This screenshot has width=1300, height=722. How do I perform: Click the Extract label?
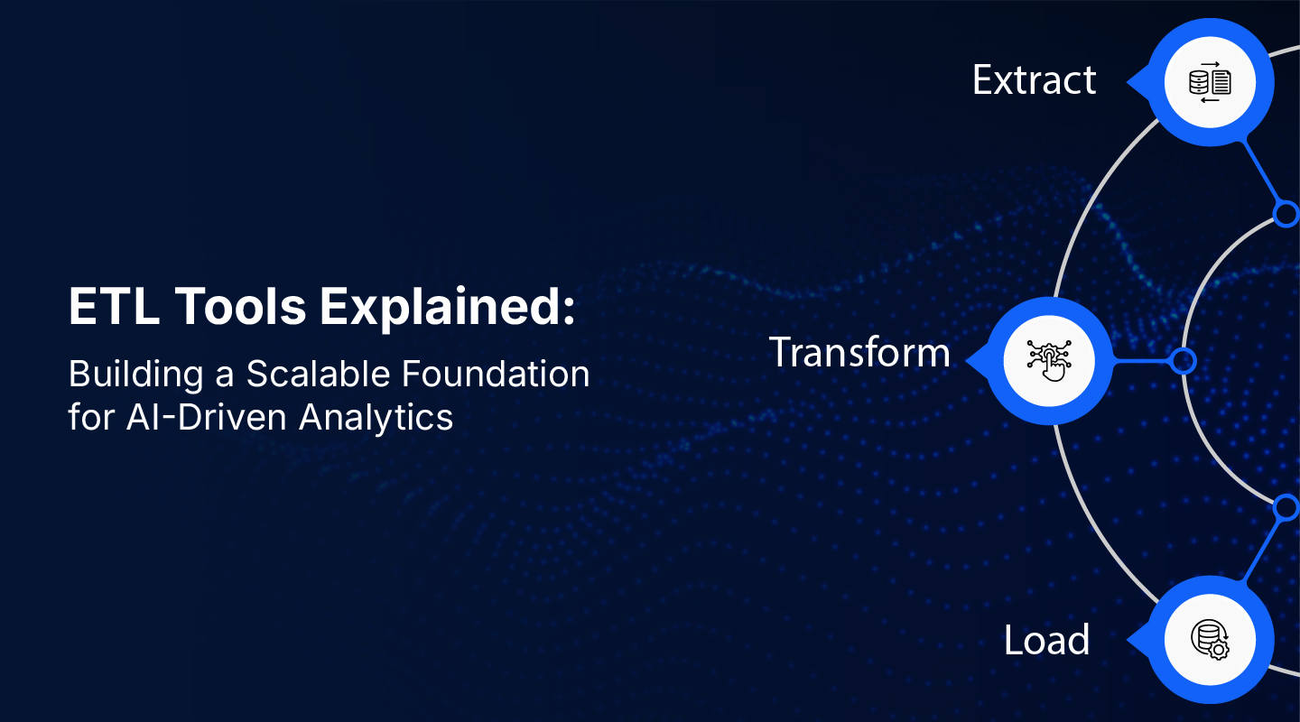point(1034,80)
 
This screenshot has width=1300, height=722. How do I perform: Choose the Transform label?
point(859,352)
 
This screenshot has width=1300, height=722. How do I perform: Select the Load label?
point(1046,641)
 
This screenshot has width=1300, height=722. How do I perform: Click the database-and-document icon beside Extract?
point(1210,82)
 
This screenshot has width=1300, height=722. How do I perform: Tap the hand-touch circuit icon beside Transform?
point(1048,360)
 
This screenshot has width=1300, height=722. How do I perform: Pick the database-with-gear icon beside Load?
point(1210,640)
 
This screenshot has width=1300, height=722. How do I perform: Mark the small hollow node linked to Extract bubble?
point(1286,213)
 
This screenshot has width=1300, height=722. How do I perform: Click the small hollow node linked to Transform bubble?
point(1183,361)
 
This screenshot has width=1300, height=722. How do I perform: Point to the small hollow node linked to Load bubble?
point(1286,508)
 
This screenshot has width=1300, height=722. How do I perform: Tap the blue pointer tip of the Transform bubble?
point(971,361)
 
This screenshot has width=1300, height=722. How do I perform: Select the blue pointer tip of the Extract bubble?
point(1131,82)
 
